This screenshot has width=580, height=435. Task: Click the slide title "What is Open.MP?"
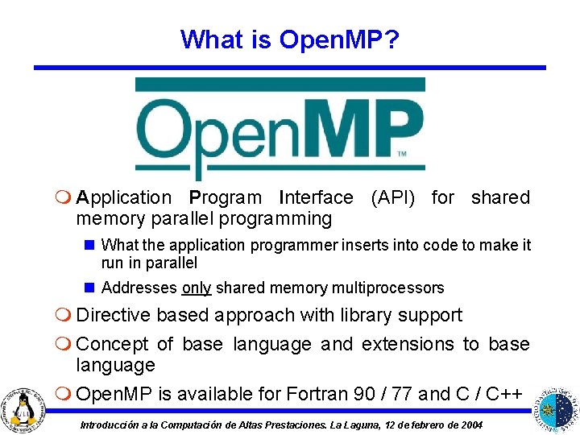point(290,39)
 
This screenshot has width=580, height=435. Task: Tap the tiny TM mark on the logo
point(401,154)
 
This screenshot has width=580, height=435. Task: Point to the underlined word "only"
point(197,288)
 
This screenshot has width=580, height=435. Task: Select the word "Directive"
point(112,315)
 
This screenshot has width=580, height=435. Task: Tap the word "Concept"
point(112,344)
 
